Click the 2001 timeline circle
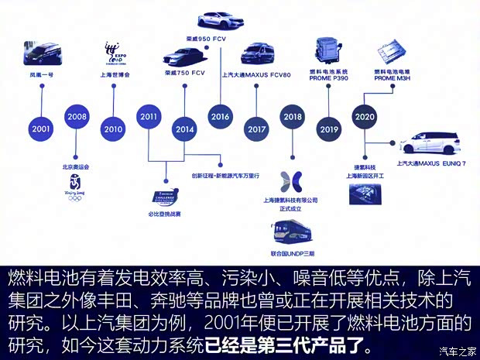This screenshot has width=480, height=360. [42, 128]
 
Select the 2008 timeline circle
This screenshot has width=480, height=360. [76, 116]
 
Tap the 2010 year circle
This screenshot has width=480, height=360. [112, 129]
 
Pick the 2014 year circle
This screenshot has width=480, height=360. [184, 129]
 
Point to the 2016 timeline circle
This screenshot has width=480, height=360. [220, 116]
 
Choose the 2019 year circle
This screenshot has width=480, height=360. [329, 129]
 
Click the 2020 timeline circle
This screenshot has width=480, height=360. [364, 116]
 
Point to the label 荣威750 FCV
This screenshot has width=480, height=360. [183, 74]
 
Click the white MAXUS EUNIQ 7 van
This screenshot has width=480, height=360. [428, 144]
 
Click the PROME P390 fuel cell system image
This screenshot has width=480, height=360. [329, 48]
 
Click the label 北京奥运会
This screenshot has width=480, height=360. [76, 166]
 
